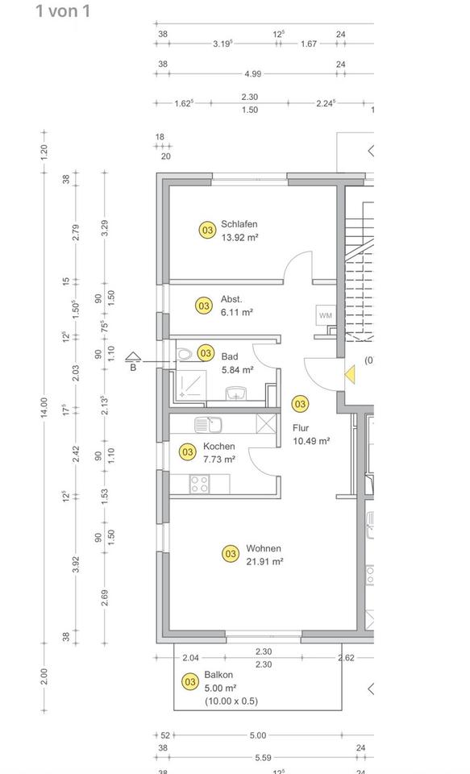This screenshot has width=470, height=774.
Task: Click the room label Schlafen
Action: pos(239,224)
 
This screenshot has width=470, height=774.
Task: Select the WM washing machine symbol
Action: pos(326,314)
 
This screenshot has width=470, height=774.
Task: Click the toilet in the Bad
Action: pos(185,354)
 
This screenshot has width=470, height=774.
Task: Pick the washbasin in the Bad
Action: pos(235,393)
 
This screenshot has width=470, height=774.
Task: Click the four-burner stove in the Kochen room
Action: pos(199,484)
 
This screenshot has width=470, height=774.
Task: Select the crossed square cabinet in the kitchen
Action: pos(265,424)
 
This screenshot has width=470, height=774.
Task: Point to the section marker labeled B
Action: pos(133,362)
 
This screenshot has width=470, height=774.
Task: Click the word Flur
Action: pos(301,428)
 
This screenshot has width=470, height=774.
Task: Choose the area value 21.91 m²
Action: pos(265,562)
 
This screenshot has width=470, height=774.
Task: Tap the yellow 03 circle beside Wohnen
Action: pos(231,554)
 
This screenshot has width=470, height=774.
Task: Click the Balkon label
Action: pos(218,675)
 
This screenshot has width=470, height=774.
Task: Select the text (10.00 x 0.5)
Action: pos(231,701)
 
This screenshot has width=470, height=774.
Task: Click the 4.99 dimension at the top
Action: pos(252,74)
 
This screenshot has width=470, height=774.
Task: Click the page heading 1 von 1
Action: pos(63,11)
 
